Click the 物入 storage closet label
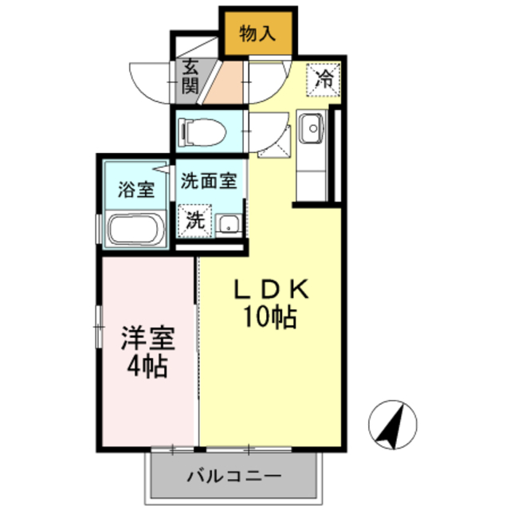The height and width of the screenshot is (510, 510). click(257, 33)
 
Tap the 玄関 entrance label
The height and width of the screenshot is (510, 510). click(189, 77)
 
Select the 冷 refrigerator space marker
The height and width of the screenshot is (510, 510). click(324, 78)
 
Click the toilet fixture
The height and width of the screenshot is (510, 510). click(200, 130)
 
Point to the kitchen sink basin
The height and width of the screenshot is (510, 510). click(311, 127)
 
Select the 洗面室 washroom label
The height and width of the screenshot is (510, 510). click(209, 180)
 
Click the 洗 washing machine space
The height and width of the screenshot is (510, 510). click(195, 221)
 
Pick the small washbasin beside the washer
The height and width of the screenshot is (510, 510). click(229, 224)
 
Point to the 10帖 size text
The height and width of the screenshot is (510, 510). click(269, 318)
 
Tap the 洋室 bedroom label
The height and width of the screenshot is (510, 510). click(147, 339)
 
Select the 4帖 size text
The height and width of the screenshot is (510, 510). click(147, 367)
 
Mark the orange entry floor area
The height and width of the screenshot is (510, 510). click(225, 85)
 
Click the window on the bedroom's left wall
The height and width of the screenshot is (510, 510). click(98, 327)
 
